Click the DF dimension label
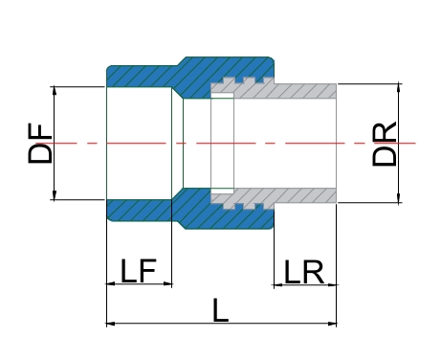(x=40, y=144)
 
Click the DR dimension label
(x=385, y=144)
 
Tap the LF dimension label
(x=139, y=271)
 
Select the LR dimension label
(x=303, y=272)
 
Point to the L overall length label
(x=221, y=310)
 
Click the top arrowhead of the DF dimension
(x=55, y=91)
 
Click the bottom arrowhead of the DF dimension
(x=55, y=195)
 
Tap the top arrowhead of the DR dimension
(x=399, y=88)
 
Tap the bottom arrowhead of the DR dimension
(x=399, y=197)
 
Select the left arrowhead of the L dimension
(x=111, y=324)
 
